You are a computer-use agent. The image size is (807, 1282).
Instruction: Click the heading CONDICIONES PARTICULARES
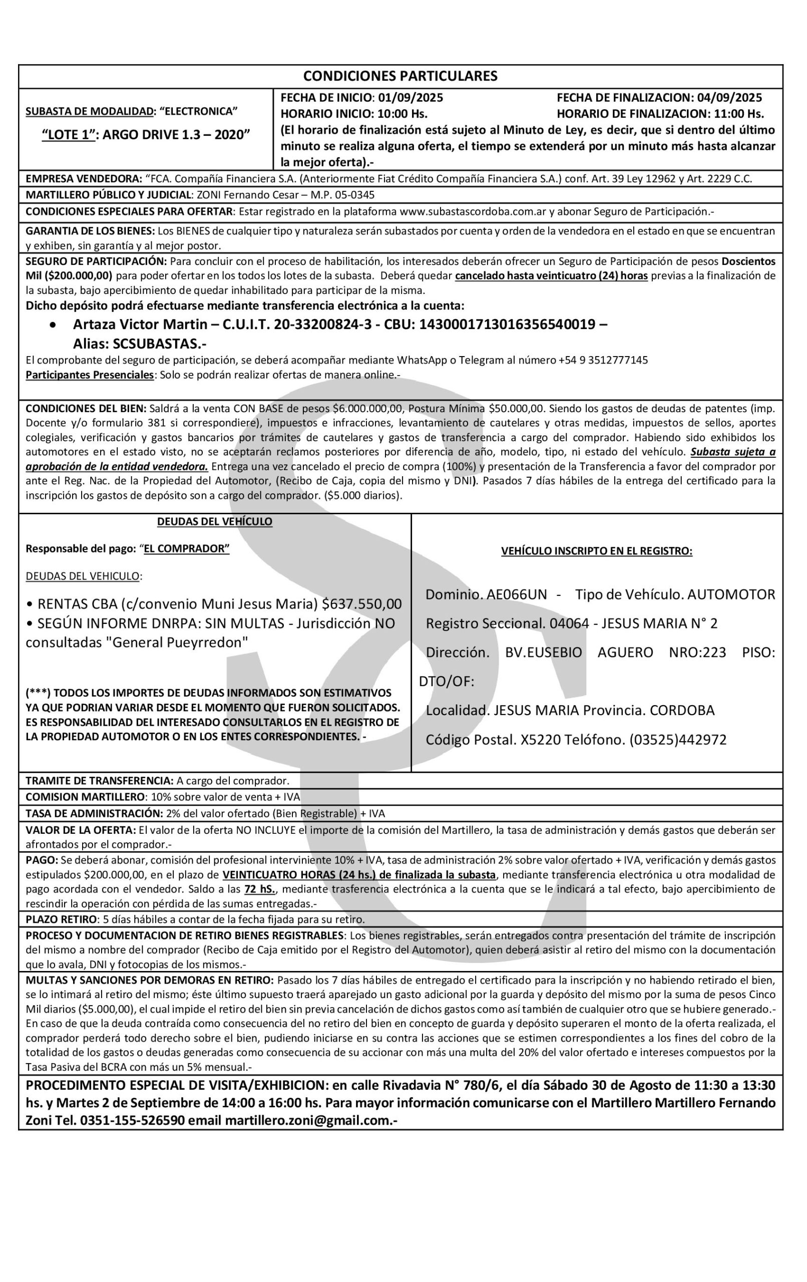click(x=400, y=76)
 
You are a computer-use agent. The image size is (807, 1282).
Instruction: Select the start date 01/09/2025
click(x=411, y=98)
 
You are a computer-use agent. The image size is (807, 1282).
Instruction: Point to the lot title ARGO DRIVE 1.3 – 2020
click(x=176, y=134)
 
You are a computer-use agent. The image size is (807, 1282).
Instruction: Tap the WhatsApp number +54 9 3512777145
click(x=603, y=361)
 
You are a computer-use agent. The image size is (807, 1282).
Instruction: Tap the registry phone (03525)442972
click(x=678, y=740)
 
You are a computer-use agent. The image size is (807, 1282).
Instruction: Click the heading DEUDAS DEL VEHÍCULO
click(x=215, y=522)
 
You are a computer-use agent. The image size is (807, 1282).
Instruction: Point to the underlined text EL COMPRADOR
click(x=186, y=549)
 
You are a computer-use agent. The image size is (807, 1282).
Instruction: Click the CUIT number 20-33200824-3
click(x=322, y=324)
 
